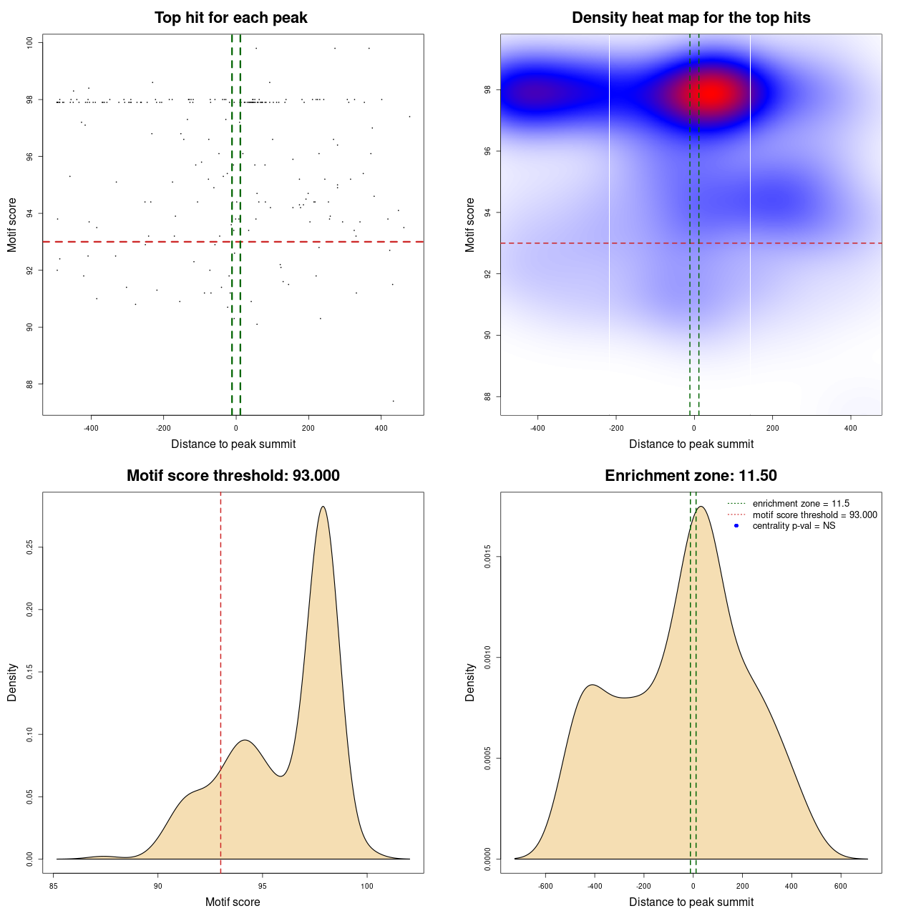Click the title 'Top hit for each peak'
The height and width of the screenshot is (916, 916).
pyautogui.click(x=230, y=18)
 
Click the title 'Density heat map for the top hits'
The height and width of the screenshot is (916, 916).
pyautogui.click(x=691, y=18)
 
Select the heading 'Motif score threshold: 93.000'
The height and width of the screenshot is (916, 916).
pyautogui.click(x=233, y=476)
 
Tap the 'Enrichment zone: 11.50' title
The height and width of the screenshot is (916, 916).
pyautogui.click(x=691, y=476)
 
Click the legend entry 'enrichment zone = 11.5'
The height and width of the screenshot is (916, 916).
pyautogui.click(x=801, y=504)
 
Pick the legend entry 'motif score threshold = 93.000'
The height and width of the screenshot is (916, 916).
pyautogui.click(x=814, y=515)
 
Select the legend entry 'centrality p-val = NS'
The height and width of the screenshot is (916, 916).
pyautogui.click(x=794, y=526)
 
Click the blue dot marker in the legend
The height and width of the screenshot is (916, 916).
pyautogui.click(x=736, y=526)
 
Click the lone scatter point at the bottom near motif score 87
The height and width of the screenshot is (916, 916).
pyautogui.click(x=393, y=401)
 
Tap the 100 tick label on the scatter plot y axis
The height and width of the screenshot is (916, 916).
pyautogui.click(x=29, y=43)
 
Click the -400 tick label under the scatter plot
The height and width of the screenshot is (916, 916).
pyautogui.click(x=91, y=429)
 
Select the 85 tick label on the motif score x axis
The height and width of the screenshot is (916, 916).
pyautogui.click(x=54, y=886)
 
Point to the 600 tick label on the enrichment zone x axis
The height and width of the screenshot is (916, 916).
pyautogui.click(x=840, y=886)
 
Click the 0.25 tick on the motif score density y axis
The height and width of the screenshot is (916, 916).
pyautogui.click(x=29, y=547)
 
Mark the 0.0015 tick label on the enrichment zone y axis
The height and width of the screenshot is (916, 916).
pyautogui.click(x=487, y=557)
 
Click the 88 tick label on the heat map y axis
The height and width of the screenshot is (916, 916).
pyautogui.click(x=487, y=396)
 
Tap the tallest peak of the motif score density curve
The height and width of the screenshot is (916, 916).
pyautogui.click(x=323, y=507)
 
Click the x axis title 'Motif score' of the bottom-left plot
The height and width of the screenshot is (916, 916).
pyautogui.click(x=233, y=902)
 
